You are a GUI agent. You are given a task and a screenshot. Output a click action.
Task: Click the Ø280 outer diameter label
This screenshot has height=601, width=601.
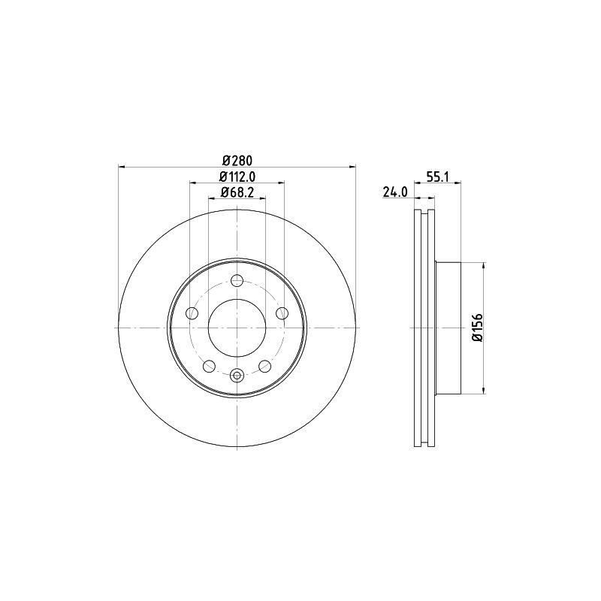(237, 159)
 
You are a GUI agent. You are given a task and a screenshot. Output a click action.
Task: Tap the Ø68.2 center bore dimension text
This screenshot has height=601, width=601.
(237, 193)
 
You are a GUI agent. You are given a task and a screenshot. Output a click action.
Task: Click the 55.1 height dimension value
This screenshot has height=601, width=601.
(437, 177)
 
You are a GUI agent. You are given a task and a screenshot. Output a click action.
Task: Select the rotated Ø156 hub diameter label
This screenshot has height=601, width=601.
(476, 328)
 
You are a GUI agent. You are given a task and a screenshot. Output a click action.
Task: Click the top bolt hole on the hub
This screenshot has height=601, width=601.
(237, 281)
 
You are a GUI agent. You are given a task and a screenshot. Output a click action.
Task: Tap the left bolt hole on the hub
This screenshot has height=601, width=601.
(192, 313)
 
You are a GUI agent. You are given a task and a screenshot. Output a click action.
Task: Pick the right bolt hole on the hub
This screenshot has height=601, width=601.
(282, 313)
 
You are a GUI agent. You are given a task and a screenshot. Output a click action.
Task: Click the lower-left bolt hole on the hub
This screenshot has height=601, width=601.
(210, 366)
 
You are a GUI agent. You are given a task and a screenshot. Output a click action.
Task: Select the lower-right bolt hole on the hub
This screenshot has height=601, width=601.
(264, 366)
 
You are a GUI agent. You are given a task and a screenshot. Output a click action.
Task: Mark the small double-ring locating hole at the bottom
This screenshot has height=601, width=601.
(237, 376)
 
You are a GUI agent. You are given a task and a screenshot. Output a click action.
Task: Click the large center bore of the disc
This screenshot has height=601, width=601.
(237, 328)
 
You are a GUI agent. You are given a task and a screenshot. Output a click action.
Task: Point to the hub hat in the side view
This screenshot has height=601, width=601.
(447, 328)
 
